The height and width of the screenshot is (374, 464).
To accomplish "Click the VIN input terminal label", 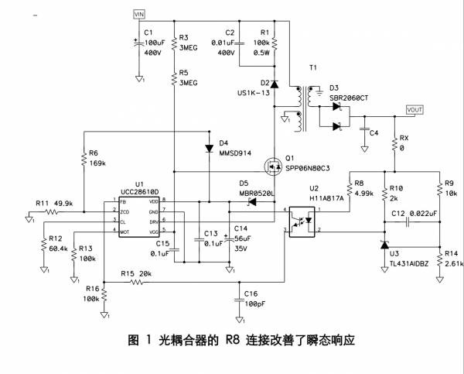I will pos(139,14).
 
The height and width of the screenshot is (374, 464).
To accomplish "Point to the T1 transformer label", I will pos(312,68).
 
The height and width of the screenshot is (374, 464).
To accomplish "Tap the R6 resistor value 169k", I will pos(97,163).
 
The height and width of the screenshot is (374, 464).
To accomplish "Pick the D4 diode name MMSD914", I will pos(237,153).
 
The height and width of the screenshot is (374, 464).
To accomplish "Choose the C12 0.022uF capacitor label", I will pos(415,212).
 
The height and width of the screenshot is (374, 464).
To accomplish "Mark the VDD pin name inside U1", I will pos(155,201).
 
